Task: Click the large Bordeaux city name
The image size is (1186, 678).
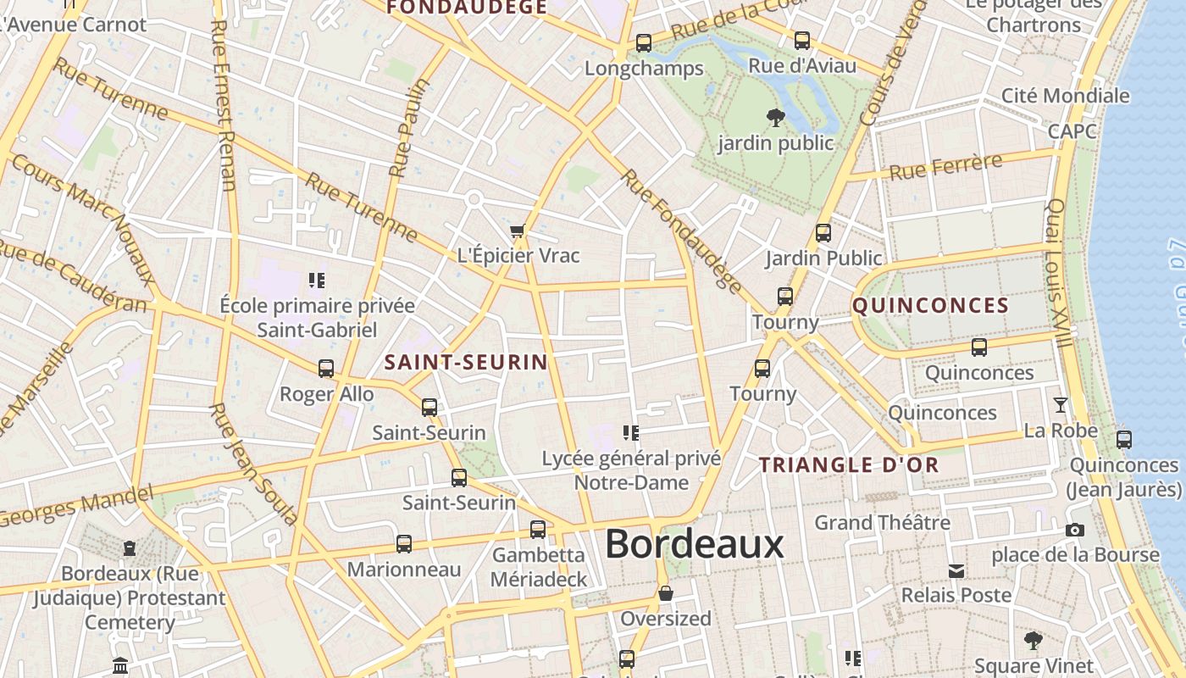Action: pyautogui.click(x=695, y=544)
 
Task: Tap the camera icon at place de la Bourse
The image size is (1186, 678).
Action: pyautogui.click(x=1075, y=531)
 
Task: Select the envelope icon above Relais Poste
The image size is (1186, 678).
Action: pyautogui.click(x=956, y=570)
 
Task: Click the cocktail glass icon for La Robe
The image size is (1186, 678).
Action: pyautogui.click(x=1060, y=405)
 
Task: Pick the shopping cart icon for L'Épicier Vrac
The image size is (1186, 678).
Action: pyautogui.click(x=518, y=231)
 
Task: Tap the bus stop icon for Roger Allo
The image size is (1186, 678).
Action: pyautogui.click(x=326, y=369)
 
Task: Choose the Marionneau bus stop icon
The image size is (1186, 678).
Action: pyautogui.click(x=404, y=544)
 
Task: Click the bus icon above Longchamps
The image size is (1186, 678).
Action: pyautogui.click(x=644, y=43)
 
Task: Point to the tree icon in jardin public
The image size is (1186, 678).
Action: pyautogui.click(x=775, y=117)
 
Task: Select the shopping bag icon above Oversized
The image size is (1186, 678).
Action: pyautogui.click(x=666, y=593)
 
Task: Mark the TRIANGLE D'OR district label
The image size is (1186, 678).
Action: pyautogui.click(x=849, y=464)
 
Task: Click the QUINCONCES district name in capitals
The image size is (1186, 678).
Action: pyautogui.click(x=930, y=306)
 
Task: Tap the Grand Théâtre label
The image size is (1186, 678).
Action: pyautogui.click(x=882, y=522)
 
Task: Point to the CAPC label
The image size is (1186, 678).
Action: pyautogui.click(x=1072, y=131)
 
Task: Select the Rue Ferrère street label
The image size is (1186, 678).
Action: pyautogui.click(x=945, y=166)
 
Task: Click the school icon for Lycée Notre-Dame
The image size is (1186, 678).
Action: pyautogui.click(x=630, y=433)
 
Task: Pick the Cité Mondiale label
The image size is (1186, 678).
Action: pyautogui.click(x=1066, y=96)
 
